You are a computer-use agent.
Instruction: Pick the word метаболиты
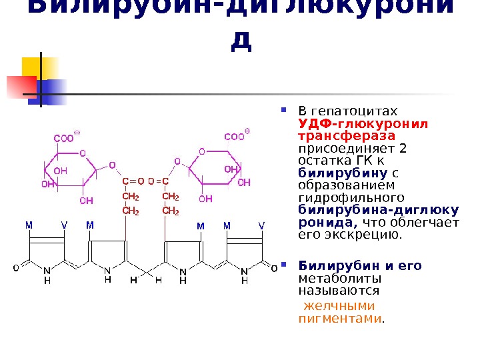pyautogui.click(x=340, y=279)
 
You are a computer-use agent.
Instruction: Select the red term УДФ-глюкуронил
pyautogui.click(x=363, y=123)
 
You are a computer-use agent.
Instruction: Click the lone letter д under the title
pyautogui.click(x=241, y=41)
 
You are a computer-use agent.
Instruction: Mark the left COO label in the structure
pyautogui.click(x=64, y=139)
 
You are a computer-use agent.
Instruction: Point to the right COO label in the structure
pyautogui.click(x=234, y=137)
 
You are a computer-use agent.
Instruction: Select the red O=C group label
pyautogui.click(x=159, y=181)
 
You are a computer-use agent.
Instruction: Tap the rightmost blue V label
pyautogui.click(x=261, y=226)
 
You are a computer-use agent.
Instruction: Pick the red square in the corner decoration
pyautogui.click(x=21, y=86)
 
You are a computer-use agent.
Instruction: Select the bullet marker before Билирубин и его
pyautogui.click(x=283, y=265)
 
